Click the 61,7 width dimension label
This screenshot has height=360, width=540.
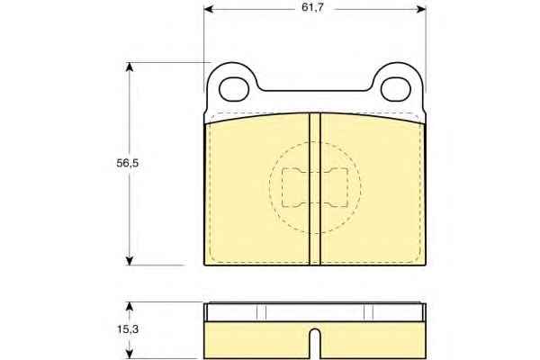point(312,7)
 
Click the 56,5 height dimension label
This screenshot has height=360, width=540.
point(128,163)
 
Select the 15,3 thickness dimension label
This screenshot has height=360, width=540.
point(128,329)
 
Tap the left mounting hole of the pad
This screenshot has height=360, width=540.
point(234,89)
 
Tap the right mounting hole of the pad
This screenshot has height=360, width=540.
point(396,89)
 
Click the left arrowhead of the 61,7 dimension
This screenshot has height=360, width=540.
point(209,9)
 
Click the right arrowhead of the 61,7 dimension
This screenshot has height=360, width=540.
point(421,9)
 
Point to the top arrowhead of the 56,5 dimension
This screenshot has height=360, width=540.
point(129,67)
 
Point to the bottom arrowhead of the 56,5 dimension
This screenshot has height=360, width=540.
point(129,261)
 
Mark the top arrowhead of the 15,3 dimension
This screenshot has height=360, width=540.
point(129,307)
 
